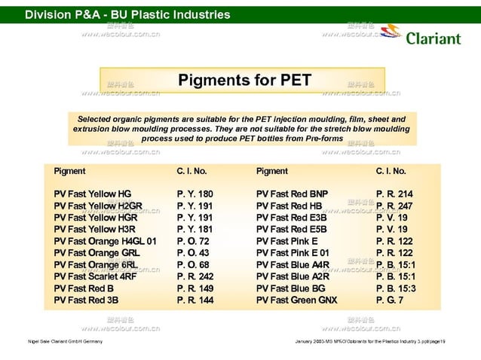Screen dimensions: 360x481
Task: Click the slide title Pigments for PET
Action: tap(244, 80)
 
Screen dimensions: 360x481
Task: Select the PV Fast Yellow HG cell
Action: tap(92, 194)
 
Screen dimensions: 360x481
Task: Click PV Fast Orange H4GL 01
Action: tap(105, 241)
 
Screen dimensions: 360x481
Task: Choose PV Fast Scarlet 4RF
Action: tap(95, 276)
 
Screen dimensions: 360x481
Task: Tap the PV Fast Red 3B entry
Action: tap(86, 300)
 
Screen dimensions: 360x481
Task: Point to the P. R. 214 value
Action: tap(394, 194)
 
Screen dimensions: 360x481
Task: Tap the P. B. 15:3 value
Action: tap(396, 288)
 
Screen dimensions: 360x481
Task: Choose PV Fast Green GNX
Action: tap(296, 300)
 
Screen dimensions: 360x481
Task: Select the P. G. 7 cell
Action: tap(390, 300)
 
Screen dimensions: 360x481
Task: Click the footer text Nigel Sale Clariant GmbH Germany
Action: tap(66, 342)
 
